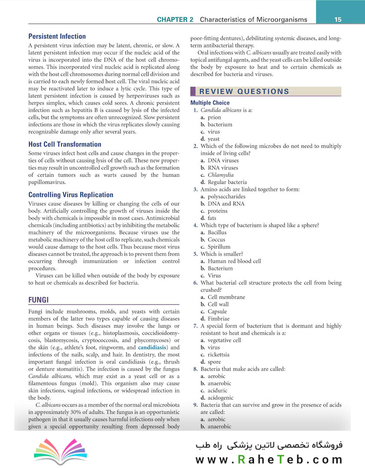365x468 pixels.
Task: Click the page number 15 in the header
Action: (338, 19)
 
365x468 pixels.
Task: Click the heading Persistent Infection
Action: (57, 36)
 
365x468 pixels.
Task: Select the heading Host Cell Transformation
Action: (65, 144)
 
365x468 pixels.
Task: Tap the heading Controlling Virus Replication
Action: (71, 195)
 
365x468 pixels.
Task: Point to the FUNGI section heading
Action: (38, 299)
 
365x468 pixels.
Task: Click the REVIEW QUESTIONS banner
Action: (244, 91)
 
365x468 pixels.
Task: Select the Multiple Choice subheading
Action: (210, 103)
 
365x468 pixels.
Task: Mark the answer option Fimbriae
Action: (217, 318)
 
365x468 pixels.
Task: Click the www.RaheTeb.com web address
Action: (269, 459)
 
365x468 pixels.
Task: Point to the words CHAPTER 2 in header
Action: (177, 19)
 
